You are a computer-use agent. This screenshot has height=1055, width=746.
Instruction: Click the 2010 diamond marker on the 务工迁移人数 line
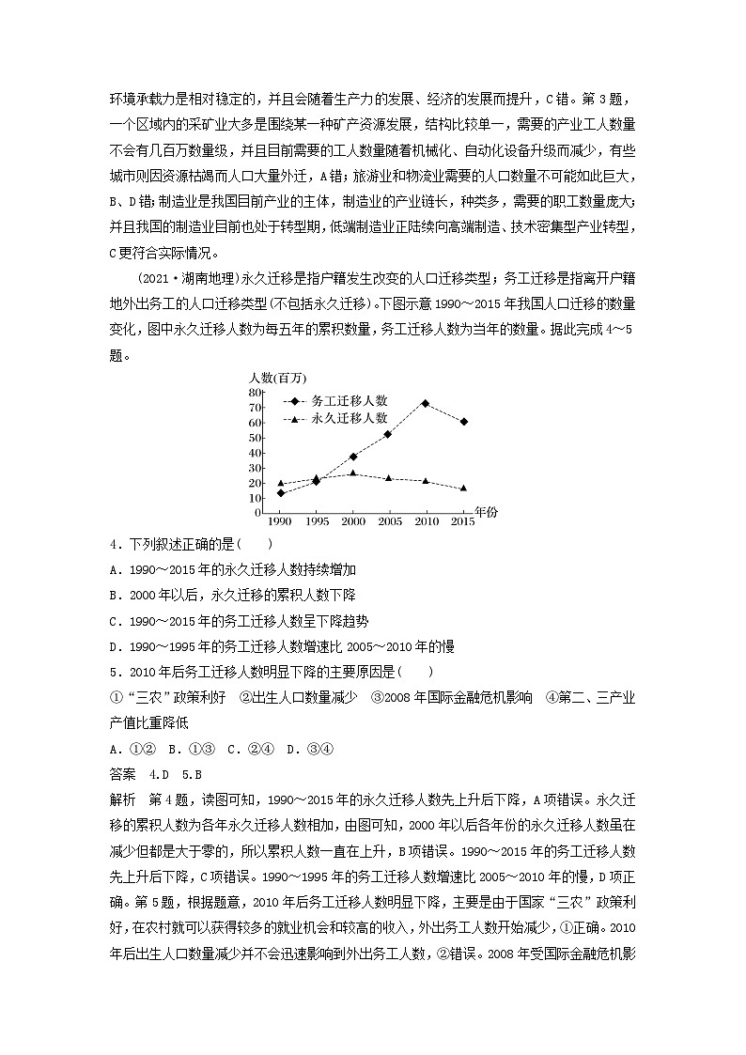pyautogui.click(x=426, y=403)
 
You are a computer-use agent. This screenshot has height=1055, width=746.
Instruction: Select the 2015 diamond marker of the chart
pyautogui.click(x=463, y=422)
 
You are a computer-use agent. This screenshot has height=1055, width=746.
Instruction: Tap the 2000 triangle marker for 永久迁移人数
pyautogui.click(x=352, y=473)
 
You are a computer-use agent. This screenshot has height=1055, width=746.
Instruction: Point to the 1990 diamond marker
pyautogui.click(x=280, y=493)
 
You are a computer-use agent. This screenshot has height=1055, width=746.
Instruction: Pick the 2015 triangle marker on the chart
pyautogui.click(x=463, y=489)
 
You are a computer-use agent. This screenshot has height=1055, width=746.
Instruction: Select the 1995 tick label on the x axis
pyautogui.click(x=316, y=520)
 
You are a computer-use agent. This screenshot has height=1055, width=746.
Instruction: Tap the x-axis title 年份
pyautogui.click(x=487, y=513)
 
